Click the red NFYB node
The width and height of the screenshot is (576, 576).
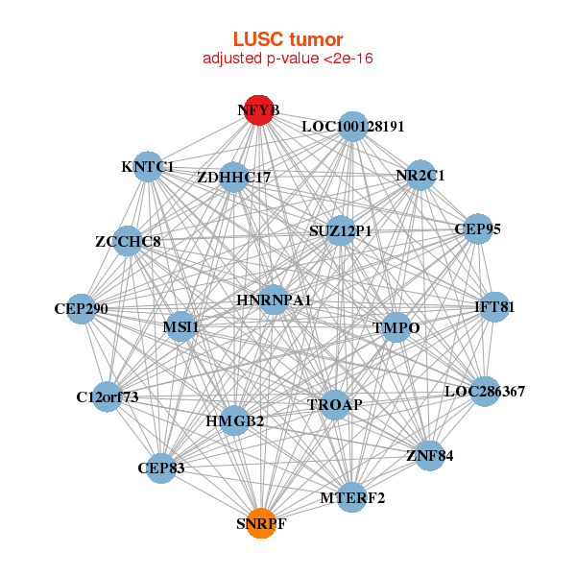[x=257, y=110]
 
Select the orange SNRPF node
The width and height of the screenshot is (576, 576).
[x=261, y=523]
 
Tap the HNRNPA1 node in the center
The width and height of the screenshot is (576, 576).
[x=274, y=300]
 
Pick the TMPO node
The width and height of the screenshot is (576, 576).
[x=397, y=327]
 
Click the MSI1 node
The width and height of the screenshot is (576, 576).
[x=180, y=327]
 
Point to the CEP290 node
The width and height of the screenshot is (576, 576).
[x=82, y=309]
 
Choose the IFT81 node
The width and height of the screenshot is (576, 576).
[x=494, y=307]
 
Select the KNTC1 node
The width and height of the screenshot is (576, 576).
[x=148, y=167]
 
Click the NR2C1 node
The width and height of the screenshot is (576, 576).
[x=420, y=175]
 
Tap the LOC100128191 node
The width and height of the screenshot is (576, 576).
[x=353, y=126]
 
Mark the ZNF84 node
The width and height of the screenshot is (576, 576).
[x=429, y=455]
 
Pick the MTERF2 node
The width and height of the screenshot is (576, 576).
[x=352, y=497]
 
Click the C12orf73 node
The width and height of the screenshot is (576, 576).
[x=108, y=396]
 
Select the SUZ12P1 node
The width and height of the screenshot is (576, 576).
[x=340, y=230]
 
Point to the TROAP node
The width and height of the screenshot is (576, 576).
[x=335, y=404]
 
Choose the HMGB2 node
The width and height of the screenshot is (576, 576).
[x=235, y=420]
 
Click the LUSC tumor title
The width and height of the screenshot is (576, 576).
[x=288, y=39]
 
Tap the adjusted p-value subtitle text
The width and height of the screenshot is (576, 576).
[x=288, y=59]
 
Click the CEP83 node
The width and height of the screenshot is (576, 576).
[x=161, y=468]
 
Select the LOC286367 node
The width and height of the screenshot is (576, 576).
[x=485, y=391]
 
